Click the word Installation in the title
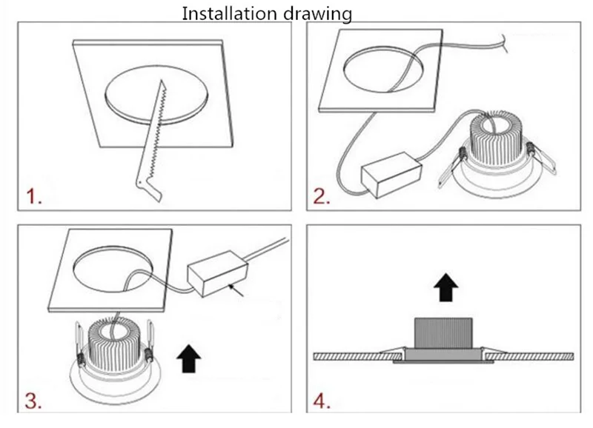pos(225,13)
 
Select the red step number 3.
pos(33,402)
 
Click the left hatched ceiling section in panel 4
pos(348,356)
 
